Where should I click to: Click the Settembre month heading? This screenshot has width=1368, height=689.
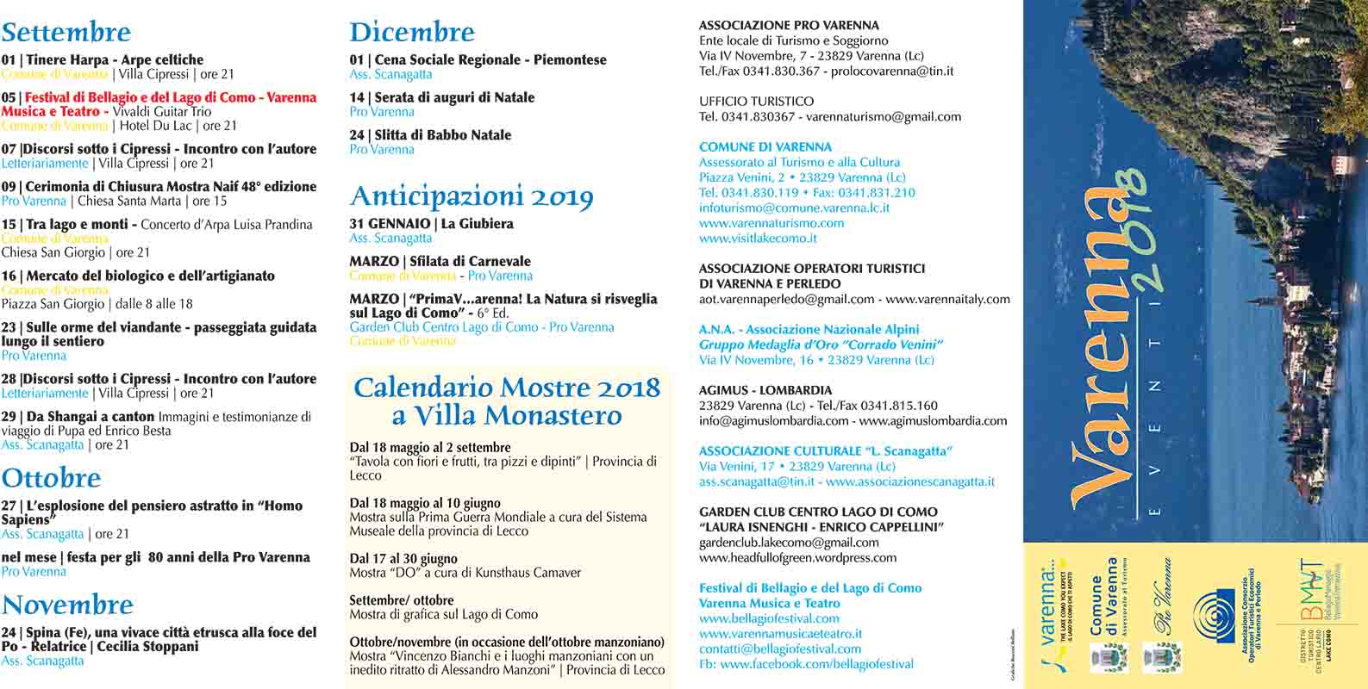66,33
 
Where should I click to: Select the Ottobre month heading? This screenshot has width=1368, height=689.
52,478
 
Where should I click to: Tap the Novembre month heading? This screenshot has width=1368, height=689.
67,605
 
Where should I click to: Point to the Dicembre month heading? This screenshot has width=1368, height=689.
412,33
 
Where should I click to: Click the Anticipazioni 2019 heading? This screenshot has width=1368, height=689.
472,196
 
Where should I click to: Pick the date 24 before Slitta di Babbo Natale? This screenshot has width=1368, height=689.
357,135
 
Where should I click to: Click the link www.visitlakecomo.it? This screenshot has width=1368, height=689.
758,238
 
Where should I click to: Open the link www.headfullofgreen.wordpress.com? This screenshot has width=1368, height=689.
797,557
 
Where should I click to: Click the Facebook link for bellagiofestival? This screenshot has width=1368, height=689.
806,664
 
